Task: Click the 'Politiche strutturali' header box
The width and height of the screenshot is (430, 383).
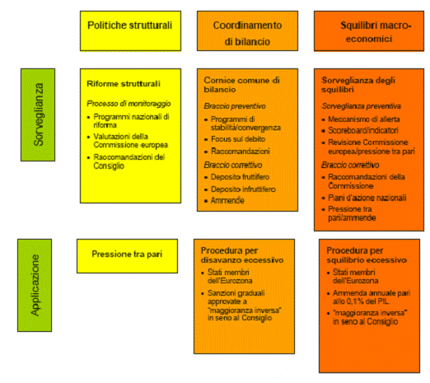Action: (x=130, y=31)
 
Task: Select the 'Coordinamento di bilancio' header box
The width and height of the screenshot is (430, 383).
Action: (x=247, y=31)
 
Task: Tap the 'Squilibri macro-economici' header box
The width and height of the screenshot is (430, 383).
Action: (x=369, y=31)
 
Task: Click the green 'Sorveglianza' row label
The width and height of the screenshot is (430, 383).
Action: (x=38, y=114)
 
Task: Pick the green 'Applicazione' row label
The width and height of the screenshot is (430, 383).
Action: (x=35, y=285)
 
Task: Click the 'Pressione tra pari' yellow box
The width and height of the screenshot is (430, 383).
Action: (x=127, y=256)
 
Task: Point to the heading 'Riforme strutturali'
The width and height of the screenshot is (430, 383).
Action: (x=124, y=84)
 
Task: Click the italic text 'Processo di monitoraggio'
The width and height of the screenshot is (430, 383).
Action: (x=129, y=104)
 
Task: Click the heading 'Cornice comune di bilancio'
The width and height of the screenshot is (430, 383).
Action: (x=241, y=85)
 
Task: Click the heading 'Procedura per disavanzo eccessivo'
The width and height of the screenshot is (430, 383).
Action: (x=242, y=255)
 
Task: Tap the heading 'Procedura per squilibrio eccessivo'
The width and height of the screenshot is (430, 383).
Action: (x=367, y=255)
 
